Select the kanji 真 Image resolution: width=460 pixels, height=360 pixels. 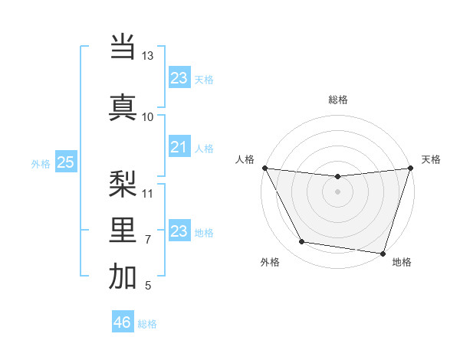(x=123, y=106)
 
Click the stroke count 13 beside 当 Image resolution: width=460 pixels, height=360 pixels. (x=148, y=56)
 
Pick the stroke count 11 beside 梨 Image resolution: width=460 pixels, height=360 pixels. (x=148, y=192)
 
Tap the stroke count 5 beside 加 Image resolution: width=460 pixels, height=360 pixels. (x=148, y=286)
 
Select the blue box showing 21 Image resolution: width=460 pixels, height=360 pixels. (x=179, y=147)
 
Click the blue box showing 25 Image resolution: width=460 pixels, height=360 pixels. (x=66, y=162)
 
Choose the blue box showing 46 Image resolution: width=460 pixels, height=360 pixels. (x=123, y=322)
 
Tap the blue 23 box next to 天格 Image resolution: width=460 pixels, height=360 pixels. (x=179, y=78)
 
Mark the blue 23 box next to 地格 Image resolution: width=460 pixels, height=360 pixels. (x=179, y=231)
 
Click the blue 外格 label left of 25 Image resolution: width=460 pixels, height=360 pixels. (x=41, y=163)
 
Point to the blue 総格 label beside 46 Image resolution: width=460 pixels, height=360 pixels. (x=147, y=324)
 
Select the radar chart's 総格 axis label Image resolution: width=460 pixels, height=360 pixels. (x=338, y=100)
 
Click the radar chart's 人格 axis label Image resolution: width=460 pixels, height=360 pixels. (x=245, y=159)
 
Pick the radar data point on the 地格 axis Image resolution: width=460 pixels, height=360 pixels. (x=383, y=253)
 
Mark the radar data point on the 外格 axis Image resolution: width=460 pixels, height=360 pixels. (x=302, y=242)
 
